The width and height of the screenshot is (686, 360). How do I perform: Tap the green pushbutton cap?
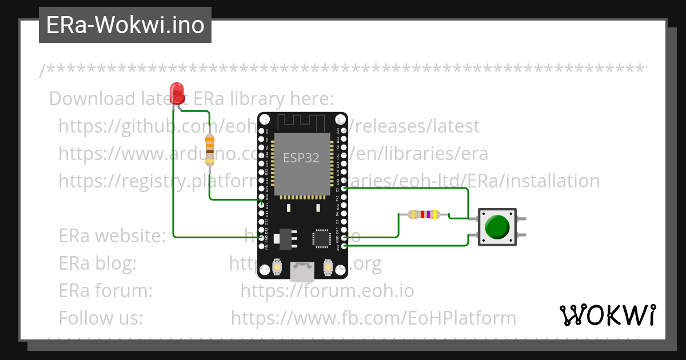pos(497,227)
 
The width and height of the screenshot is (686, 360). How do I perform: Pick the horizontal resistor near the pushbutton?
pos(424,214)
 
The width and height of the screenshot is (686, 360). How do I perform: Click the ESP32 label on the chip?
pos(301,157)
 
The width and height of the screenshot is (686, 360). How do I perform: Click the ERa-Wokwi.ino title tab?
pos(125,25)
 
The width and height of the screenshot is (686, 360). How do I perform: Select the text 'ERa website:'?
pos(112,235)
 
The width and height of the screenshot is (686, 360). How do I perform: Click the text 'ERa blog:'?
pos(97,263)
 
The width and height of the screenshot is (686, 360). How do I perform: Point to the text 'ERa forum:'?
pos(105,290)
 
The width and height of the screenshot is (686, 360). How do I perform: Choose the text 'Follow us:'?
pos(101,318)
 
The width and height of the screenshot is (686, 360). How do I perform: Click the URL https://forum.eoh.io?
pos(327,290)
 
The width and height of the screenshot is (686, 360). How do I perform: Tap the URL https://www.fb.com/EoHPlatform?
pos(373,318)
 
